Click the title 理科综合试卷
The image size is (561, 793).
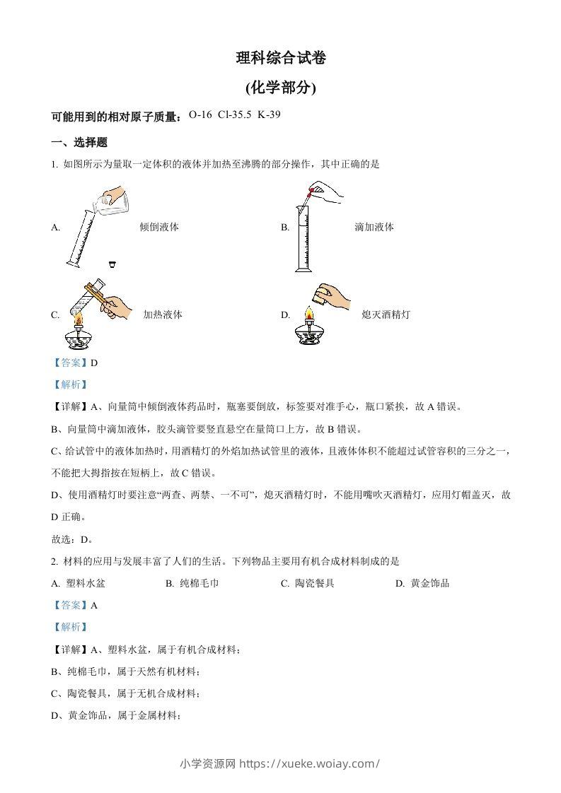click(281, 59)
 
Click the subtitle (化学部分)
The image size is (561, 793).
click(281, 88)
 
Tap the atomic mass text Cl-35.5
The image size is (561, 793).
click(235, 115)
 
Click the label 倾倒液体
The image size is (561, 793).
click(159, 227)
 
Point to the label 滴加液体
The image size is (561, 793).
click(374, 227)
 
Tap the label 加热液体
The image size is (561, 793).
click(163, 315)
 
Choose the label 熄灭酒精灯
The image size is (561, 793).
click(386, 315)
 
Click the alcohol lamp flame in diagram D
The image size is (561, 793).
click(308, 314)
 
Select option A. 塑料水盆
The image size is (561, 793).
click(79, 583)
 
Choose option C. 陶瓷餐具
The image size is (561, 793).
click(307, 583)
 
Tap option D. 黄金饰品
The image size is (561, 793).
click(422, 583)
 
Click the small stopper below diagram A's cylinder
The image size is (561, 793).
click(112, 264)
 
